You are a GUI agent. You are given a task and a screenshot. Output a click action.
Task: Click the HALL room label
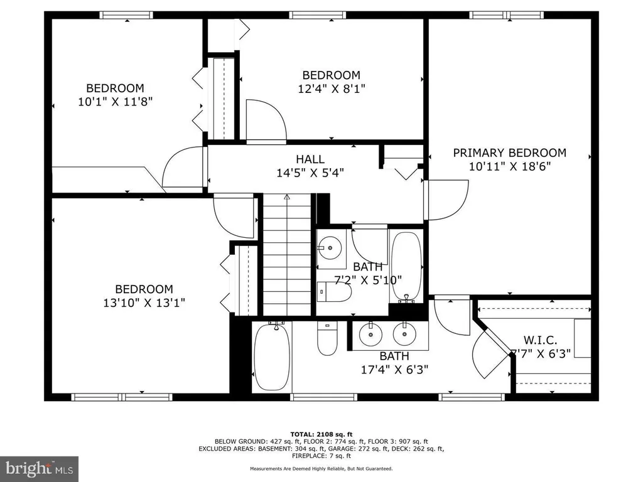(310, 159)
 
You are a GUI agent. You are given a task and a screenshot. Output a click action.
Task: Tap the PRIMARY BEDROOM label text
(509, 153)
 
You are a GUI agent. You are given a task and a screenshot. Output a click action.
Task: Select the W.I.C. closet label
(540, 340)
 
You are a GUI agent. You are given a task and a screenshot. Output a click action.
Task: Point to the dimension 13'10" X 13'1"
(144, 303)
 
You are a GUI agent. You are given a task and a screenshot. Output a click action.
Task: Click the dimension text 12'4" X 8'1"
(332, 89)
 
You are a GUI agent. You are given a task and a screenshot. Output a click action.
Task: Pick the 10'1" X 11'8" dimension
(116, 102)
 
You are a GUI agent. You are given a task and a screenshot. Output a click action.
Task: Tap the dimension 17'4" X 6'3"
(394, 370)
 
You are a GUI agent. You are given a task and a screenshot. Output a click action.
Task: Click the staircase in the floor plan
(286, 255)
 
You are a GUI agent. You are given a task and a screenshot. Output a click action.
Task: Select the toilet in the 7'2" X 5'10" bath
(334, 291)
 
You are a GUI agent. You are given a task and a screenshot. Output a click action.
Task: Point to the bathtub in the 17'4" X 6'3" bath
(272, 356)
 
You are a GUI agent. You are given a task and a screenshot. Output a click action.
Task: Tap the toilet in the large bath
(327, 338)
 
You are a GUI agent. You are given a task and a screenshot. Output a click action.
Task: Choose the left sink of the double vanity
(370, 334)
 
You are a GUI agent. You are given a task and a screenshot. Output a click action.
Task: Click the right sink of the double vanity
(405, 334)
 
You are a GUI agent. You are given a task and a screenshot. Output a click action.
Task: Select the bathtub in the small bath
(406, 267)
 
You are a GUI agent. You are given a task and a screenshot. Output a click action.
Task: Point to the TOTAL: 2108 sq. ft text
(321, 434)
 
